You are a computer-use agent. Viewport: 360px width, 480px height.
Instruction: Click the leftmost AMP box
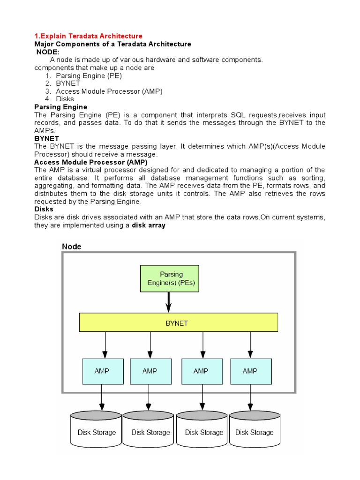point(102,371)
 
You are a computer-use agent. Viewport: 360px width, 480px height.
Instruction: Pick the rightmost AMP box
point(250,371)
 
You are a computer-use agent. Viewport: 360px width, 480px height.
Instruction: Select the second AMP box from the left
point(150,371)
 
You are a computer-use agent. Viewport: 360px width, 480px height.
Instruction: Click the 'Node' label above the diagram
point(72,247)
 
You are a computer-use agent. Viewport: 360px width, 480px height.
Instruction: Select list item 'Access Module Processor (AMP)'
point(109,91)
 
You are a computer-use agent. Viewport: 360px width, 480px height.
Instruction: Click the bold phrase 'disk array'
point(149,225)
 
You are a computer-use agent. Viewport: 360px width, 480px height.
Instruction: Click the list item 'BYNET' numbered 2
point(68,83)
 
